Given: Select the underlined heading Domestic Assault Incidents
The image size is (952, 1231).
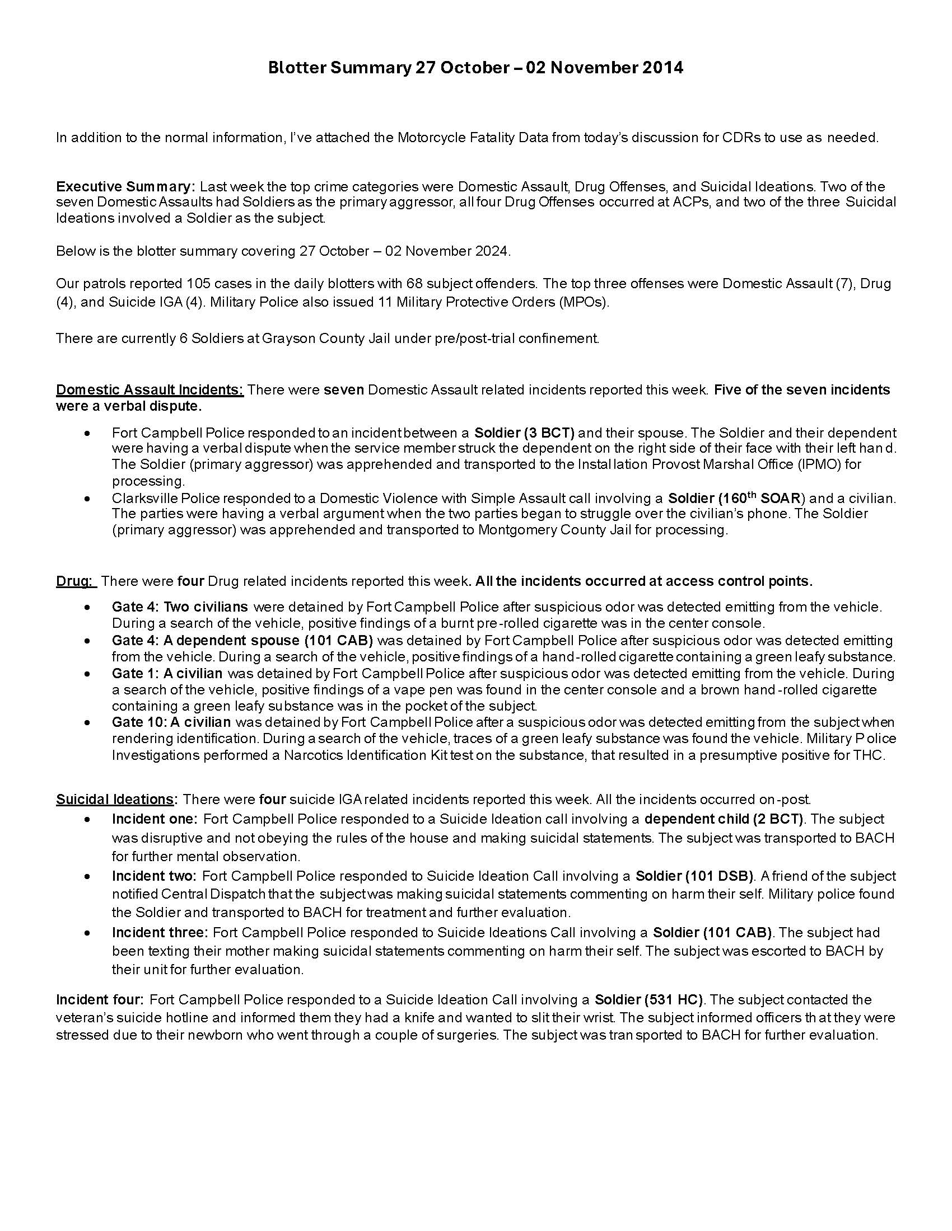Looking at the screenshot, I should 150,390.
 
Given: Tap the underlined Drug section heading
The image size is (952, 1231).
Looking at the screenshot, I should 76,581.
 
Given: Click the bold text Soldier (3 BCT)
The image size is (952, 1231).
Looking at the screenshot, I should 524,433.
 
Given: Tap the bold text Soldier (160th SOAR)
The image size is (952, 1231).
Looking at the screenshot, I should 734,498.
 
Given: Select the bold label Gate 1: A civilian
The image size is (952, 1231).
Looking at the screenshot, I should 167,673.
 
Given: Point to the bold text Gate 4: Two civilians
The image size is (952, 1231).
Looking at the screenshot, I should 180,607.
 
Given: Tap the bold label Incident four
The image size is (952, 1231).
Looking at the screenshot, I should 99,1000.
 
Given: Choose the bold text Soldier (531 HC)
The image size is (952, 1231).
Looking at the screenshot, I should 648,1000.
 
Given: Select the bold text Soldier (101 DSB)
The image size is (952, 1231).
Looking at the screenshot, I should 694,876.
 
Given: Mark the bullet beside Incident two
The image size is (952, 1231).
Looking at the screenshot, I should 87,877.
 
